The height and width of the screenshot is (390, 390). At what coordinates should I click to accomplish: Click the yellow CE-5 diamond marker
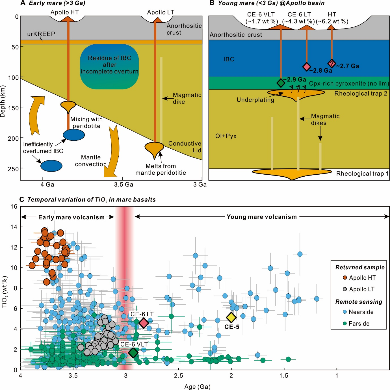click(231, 318)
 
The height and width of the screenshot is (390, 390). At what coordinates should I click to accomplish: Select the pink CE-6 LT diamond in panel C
click(144, 323)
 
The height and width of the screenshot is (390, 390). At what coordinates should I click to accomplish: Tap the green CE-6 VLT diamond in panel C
click(133, 352)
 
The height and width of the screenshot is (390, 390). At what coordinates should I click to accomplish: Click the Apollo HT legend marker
click(345, 278)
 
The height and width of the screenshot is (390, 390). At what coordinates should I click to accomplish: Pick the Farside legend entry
click(359, 324)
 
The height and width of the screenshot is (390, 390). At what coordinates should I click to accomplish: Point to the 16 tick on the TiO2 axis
click(14, 207)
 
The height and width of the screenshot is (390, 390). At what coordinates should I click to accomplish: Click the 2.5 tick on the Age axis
click(178, 376)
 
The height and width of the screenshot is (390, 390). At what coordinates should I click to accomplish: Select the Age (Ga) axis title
click(197, 387)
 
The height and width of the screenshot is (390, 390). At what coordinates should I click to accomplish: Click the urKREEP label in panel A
click(41, 34)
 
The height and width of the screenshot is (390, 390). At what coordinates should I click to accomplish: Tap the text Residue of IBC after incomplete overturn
click(109, 65)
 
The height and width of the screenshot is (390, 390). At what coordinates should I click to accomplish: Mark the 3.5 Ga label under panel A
click(123, 185)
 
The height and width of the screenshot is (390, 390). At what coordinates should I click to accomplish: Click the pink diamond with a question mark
click(332, 63)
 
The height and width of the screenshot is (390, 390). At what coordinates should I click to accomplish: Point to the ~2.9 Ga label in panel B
click(294, 79)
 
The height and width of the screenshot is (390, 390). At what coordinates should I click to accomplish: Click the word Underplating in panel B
click(255, 100)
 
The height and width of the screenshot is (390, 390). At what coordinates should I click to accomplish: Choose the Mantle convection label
click(91, 161)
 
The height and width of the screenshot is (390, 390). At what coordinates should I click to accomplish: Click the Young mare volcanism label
click(262, 217)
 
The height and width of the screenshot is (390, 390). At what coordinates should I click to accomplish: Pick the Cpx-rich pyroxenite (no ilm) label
click(349, 83)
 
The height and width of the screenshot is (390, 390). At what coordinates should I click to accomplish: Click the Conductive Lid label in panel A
click(185, 147)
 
